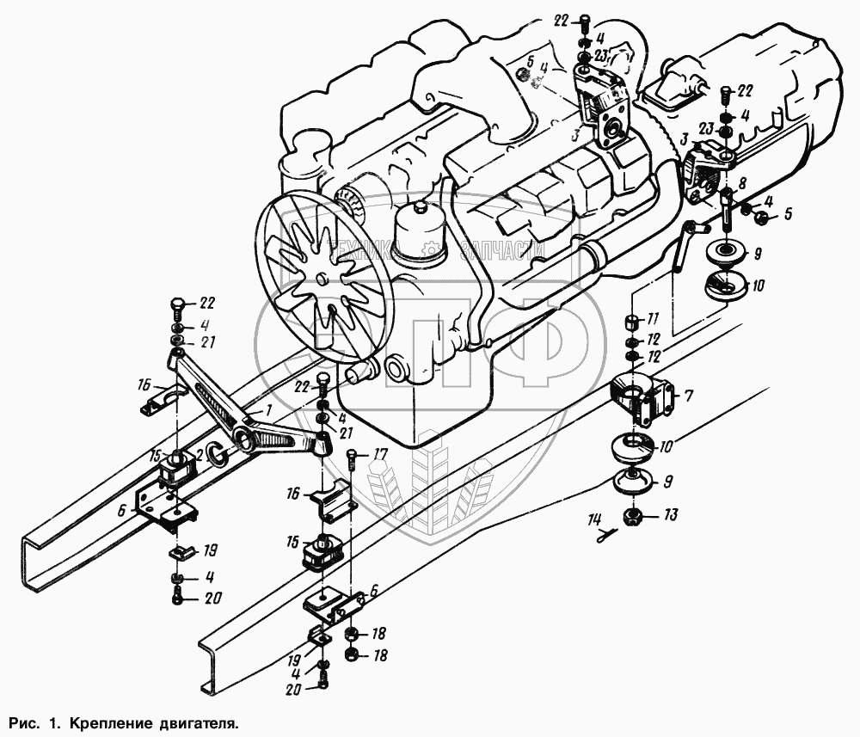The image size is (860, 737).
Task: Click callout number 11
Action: pos(653,319)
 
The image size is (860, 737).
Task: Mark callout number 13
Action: pos(671,516)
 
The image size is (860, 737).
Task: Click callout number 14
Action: pos(593,519)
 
